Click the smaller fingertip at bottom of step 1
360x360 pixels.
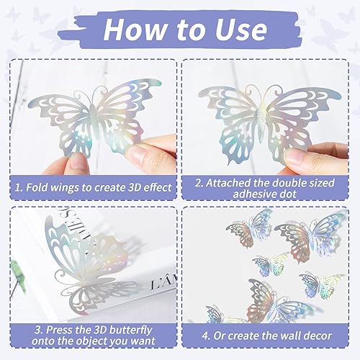[x=76, y=162]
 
